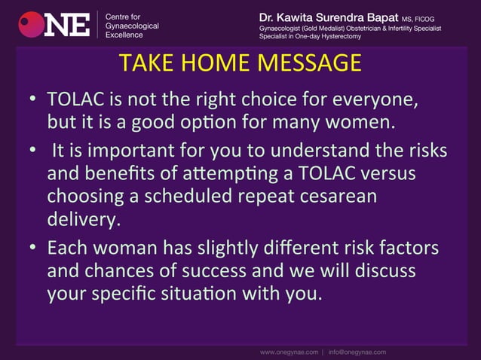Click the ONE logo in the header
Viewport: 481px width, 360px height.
pos(54,24)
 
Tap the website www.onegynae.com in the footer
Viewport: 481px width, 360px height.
pos(290,352)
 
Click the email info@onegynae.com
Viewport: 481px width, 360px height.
pos(357,352)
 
